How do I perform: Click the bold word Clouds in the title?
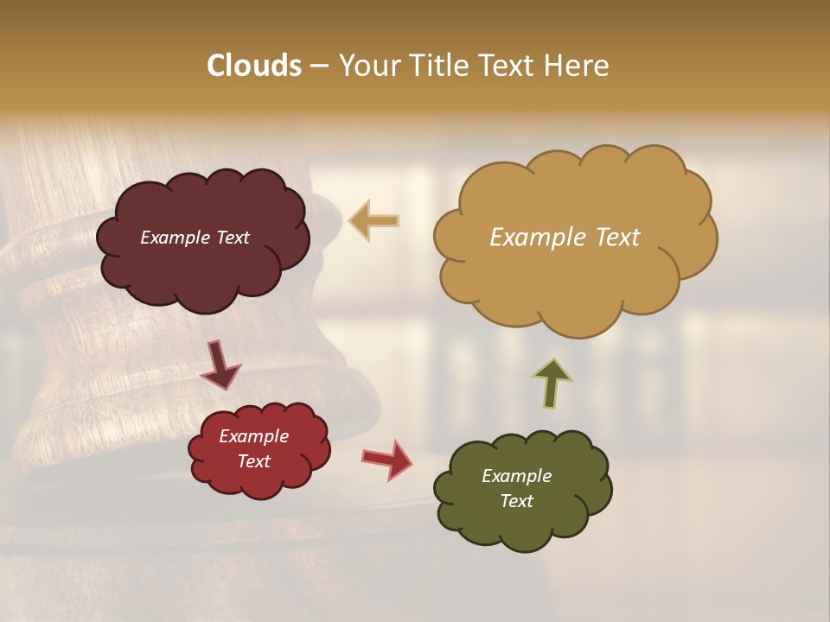[x=253, y=66]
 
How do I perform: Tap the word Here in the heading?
[x=578, y=66]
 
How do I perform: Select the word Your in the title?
[x=366, y=66]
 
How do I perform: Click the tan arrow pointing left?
[x=374, y=221]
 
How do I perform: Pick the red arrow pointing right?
[x=388, y=459]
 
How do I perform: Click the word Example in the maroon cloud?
[x=176, y=238]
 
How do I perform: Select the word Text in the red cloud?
[x=254, y=461]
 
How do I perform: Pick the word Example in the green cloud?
[x=516, y=476]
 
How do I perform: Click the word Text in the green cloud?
[x=516, y=501]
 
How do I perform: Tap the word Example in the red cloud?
[x=254, y=436]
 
